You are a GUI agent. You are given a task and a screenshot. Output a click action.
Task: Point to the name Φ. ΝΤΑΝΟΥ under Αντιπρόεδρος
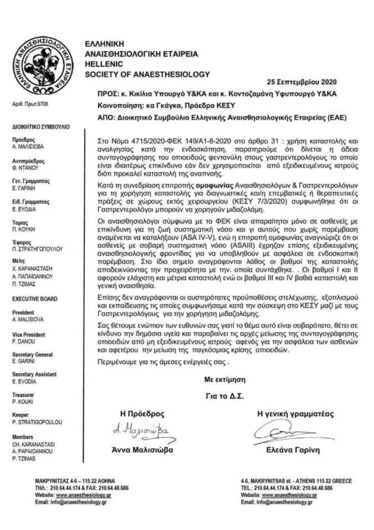point(24,167)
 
